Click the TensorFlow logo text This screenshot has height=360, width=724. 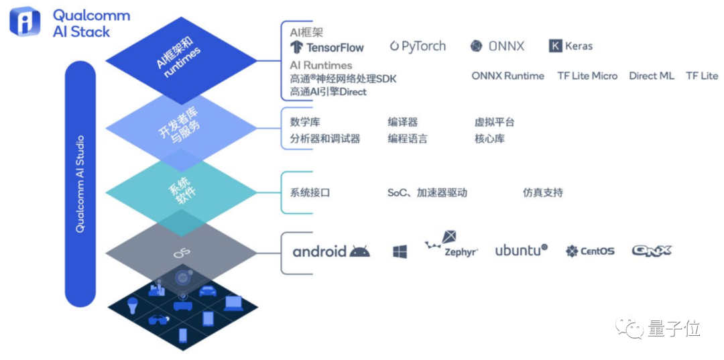(x=335, y=48)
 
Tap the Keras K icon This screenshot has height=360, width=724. (x=554, y=46)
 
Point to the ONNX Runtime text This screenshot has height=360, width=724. (x=507, y=76)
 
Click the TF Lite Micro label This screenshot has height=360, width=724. (x=587, y=76)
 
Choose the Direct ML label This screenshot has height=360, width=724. (x=651, y=76)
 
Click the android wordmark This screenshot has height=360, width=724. (x=320, y=252)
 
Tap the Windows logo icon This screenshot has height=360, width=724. (x=400, y=252)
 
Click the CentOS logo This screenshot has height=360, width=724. (x=590, y=251)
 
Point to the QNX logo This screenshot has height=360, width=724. (x=652, y=251)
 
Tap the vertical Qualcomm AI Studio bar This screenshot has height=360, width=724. (x=80, y=184)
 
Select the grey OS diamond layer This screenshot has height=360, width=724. (x=180, y=253)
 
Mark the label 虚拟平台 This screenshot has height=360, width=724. (x=495, y=122)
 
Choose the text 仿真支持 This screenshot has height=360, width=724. (x=542, y=192)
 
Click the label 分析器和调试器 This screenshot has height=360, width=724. (x=325, y=139)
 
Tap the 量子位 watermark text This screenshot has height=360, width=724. (x=674, y=328)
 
